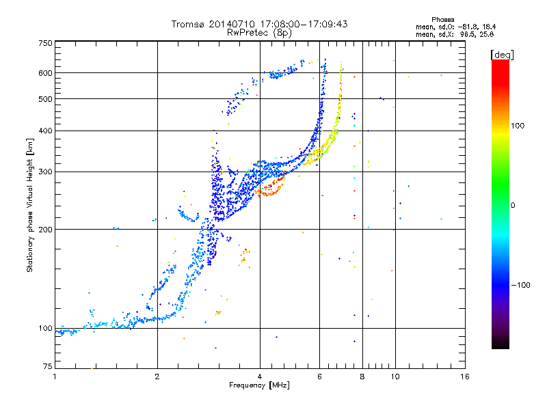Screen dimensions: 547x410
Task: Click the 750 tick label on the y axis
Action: (45, 43)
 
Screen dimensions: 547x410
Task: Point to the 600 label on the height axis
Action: (45, 73)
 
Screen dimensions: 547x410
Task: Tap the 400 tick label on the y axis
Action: (45, 131)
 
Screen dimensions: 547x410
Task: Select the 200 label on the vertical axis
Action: (45, 230)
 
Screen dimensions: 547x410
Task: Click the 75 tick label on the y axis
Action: (48, 366)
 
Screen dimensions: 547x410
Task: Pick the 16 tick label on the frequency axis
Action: (465, 377)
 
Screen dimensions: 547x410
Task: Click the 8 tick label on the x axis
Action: (362, 377)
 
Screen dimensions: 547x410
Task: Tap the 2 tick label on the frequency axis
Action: (157, 377)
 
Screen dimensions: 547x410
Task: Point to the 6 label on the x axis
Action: (319, 377)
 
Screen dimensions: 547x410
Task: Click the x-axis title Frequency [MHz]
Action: (259, 385)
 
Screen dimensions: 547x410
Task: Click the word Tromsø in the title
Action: (187, 25)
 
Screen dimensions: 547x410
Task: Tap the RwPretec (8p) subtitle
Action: (259, 33)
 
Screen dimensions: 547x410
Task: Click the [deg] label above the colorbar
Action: (502, 55)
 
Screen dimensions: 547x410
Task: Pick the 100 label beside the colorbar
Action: (518, 126)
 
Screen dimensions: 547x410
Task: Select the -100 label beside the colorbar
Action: (520, 285)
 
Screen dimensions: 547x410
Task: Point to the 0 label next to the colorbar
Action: (513, 206)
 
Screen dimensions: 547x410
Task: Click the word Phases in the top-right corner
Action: (442, 20)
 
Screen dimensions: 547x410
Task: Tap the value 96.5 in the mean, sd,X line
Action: (467, 34)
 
